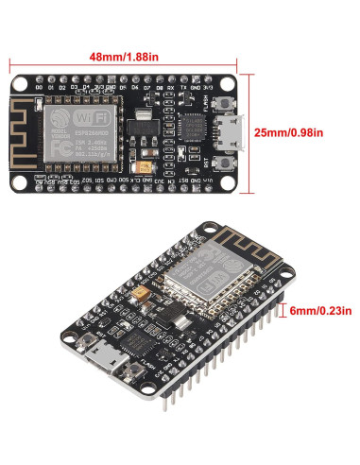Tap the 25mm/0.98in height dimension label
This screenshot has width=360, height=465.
pyautogui.click(x=305, y=132)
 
